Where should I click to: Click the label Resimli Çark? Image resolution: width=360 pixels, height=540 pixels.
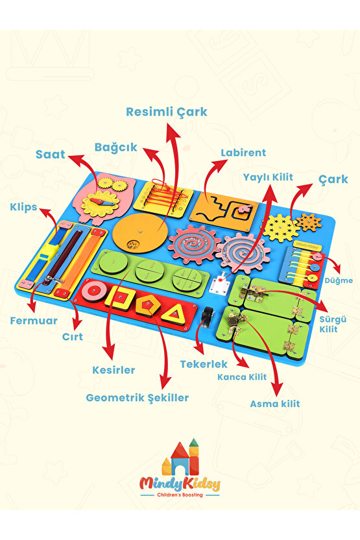167,112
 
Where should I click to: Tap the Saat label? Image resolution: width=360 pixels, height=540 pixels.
50,154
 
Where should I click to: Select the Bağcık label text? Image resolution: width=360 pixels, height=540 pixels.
115,147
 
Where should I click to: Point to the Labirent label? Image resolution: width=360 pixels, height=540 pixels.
243,153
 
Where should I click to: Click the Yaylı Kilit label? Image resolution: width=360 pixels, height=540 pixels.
268,177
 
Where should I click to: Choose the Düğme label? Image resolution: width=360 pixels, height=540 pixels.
339,280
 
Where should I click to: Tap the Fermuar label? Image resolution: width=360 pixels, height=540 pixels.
33,321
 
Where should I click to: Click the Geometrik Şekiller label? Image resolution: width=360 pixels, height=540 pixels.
137,398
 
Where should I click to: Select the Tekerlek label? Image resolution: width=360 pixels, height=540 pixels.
204,364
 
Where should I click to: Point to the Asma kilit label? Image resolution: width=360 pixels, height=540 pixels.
274,404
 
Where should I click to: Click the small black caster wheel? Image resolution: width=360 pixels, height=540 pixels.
208,315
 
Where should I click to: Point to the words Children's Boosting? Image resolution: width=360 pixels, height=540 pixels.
180,495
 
